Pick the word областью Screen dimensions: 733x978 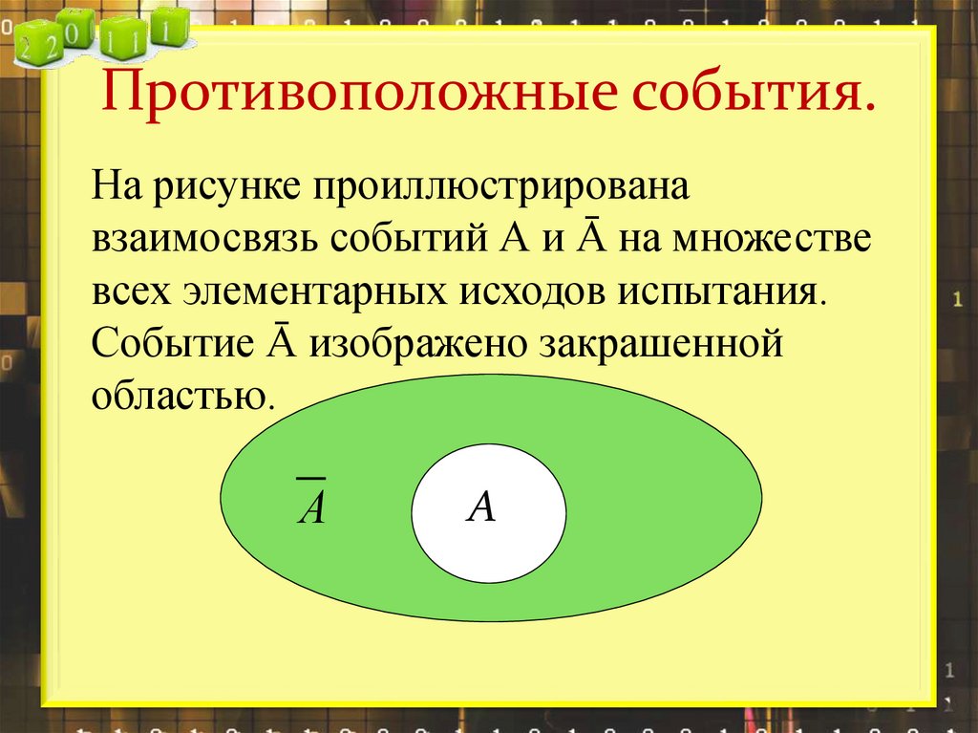(x=181, y=395)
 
